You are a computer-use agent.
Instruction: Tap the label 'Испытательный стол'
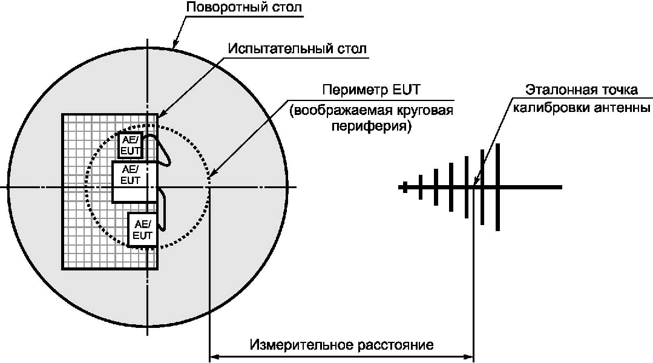tap(297, 48)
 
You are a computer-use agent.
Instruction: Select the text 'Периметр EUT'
tap(372, 91)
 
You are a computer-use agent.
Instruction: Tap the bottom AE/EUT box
tap(143, 230)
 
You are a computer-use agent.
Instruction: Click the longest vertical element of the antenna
tap(497, 187)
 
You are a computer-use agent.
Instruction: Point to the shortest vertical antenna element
tap(420, 187)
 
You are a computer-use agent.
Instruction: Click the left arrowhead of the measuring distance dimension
tap(213, 358)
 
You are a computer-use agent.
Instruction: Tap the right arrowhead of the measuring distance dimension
tap(470, 358)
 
